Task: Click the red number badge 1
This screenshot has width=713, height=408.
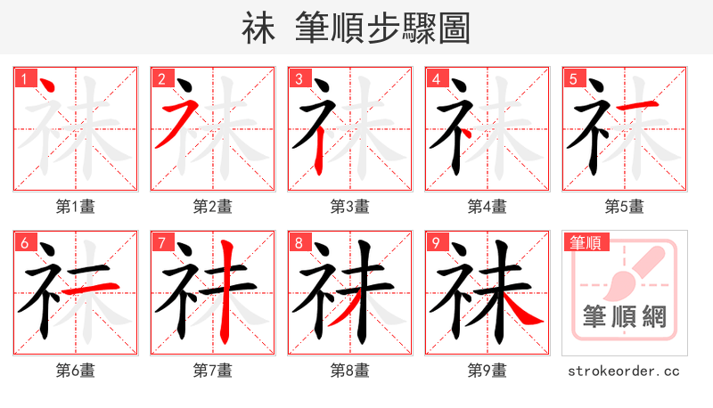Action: pyautogui.click(x=22, y=78)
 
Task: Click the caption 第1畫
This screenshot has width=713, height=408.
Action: pyautogui.click(x=76, y=207)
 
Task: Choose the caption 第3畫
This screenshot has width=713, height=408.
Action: pyautogui.click(x=350, y=207)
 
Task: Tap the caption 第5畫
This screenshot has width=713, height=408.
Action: pyautogui.click(x=625, y=207)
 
